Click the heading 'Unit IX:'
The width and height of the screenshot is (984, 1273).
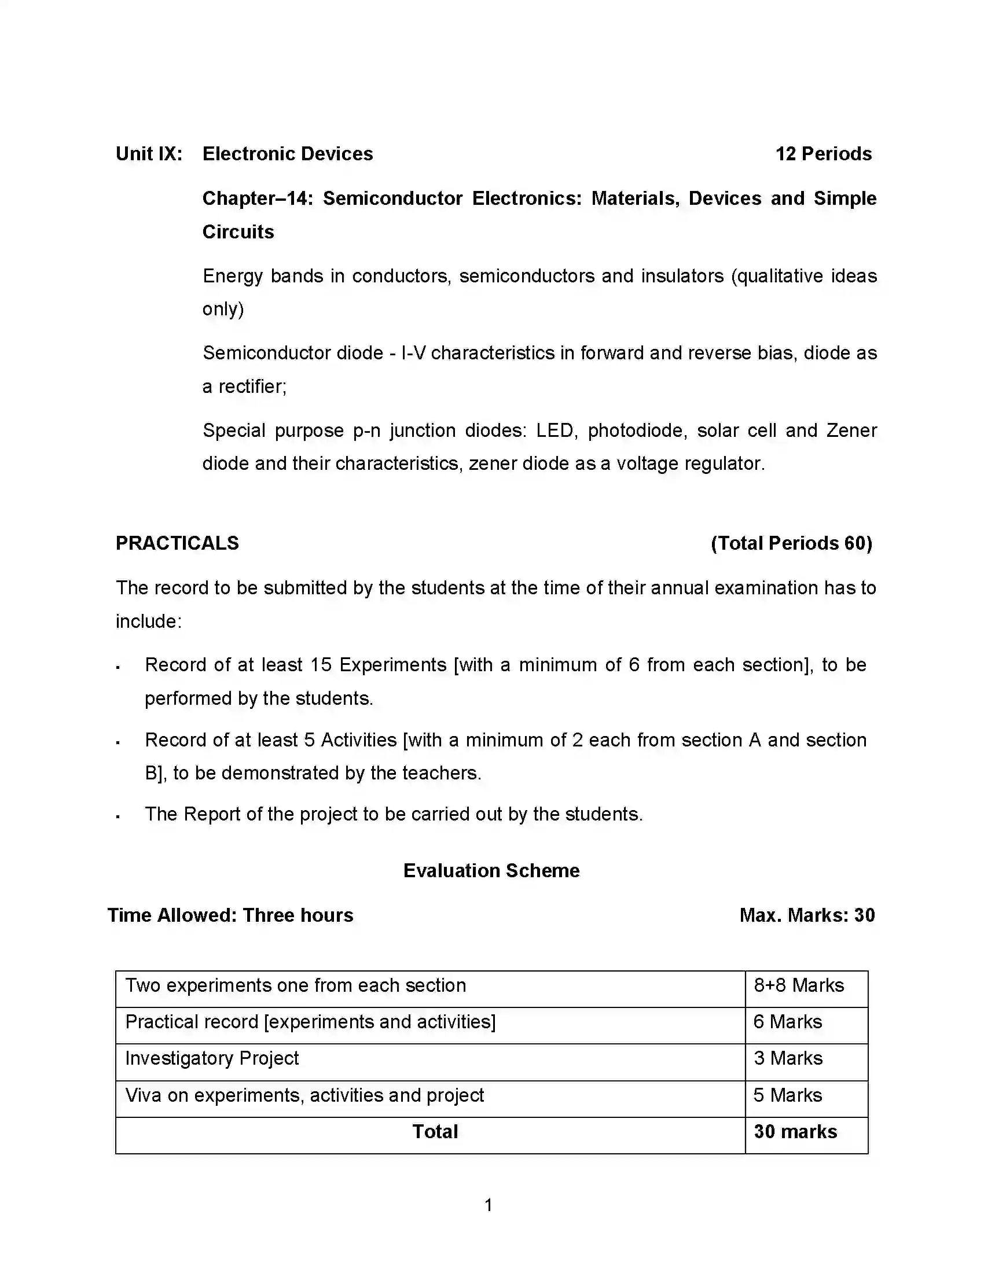point(149,154)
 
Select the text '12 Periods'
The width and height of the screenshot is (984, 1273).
point(823,154)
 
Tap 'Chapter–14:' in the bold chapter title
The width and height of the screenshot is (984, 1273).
point(258,198)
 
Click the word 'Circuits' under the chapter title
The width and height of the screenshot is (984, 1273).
point(238,232)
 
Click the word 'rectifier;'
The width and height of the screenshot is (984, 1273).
point(252,387)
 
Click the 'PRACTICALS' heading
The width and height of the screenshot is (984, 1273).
point(177,543)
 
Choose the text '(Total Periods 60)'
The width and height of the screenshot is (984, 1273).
point(791,543)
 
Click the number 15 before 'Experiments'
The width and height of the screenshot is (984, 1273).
point(321,665)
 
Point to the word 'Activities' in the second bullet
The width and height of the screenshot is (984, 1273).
point(358,740)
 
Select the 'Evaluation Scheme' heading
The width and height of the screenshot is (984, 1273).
point(491,871)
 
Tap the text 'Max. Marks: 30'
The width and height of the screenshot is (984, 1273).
point(807,916)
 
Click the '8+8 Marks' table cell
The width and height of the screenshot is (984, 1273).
point(799,985)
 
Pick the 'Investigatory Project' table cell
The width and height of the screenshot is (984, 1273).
point(212,1058)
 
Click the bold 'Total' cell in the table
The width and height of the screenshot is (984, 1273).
point(435,1132)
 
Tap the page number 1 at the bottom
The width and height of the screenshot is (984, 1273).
point(489,1205)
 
